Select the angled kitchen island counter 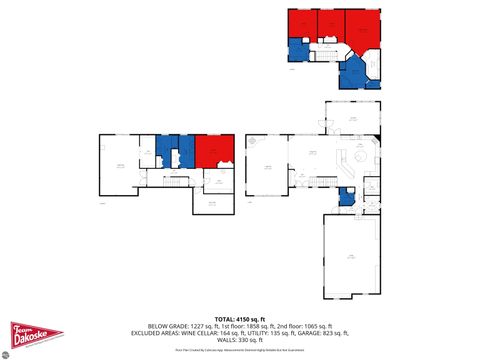[x=343, y=163]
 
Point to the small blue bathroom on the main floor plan [x=346, y=197]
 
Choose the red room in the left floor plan [x=213, y=150]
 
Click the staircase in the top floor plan [x=326, y=46]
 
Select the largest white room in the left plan [x=118, y=164]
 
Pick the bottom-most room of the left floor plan [x=212, y=202]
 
